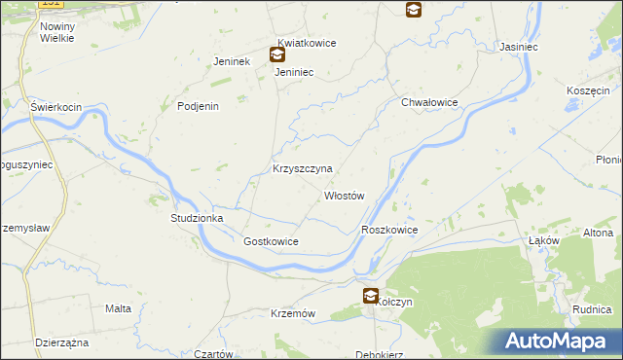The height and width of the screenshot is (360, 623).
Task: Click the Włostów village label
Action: [344, 196]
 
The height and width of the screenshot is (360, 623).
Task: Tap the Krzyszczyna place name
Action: [302, 168]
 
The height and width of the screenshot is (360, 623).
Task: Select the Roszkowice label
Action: [388, 230]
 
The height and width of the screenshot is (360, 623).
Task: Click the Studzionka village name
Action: [198, 219]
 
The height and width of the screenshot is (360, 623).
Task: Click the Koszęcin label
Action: [587, 90]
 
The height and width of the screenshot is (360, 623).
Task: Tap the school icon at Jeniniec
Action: [277, 55]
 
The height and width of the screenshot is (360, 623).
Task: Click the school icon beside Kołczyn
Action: [371, 296]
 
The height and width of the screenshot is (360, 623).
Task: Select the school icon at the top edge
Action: [414, 10]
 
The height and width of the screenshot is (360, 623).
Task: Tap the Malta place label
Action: [118, 308]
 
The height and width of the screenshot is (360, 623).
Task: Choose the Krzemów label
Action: [293, 313]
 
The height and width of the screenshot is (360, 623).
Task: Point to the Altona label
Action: [598, 234]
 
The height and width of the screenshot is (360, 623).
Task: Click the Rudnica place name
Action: [592, 309]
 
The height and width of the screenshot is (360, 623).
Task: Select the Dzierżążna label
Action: [61, 343]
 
